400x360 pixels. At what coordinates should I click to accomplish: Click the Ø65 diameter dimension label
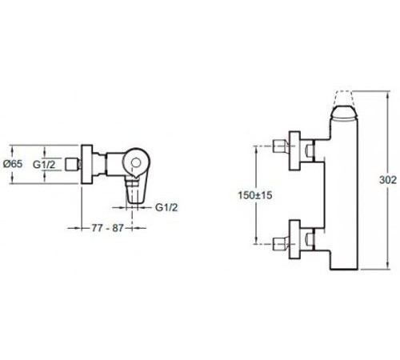point(13,164)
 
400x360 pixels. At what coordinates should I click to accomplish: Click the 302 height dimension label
point(388,180)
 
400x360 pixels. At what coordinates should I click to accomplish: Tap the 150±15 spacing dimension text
point(255,195)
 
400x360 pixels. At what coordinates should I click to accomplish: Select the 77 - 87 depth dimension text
point(107,228)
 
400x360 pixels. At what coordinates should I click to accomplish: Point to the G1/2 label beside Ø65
point(44,165)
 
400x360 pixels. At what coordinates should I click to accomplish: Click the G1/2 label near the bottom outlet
point(166,207)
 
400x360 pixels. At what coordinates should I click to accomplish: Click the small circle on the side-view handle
point(136,162)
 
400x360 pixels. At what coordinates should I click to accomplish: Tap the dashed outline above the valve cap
point(343,98)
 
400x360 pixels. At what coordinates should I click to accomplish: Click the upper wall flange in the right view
point(295,150)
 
